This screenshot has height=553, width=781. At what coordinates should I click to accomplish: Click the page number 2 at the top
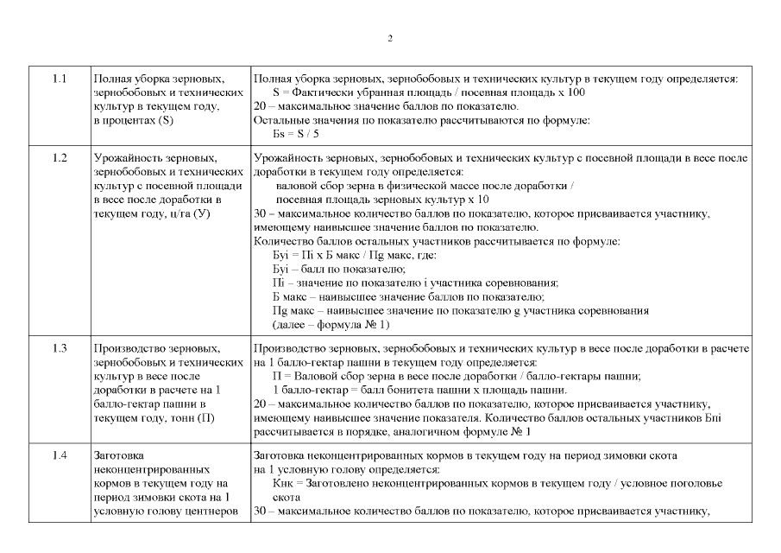pyautogui.click(x=390, y=39)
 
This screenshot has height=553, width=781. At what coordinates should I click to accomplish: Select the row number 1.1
pyautogui.click(x=60, y=79)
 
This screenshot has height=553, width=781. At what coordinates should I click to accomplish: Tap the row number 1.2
pyautogui.click(x=60, y=158)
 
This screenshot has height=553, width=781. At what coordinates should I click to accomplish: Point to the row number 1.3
pyautogui.click(x=60, y=347)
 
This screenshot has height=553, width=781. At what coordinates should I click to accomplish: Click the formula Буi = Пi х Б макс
pyautogui.click(x=354, y=255)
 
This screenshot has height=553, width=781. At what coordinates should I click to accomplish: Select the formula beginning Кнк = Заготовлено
pyautogui.click(x=483, y=484)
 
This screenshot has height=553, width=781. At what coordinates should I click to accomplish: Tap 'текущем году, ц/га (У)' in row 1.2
pyautogui.click(x=151, y=213)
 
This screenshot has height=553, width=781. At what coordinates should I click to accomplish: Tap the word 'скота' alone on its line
pyautogui.click(x=287, y=499)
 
